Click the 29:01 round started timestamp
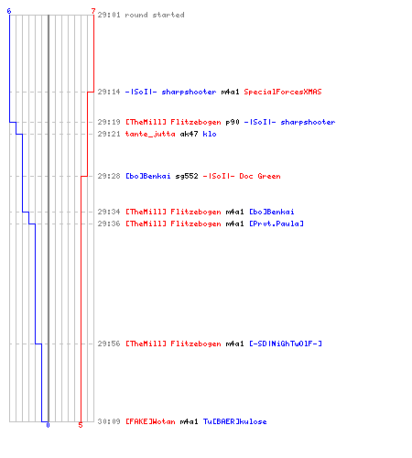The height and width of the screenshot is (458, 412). point(109,15)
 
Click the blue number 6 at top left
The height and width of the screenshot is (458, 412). point(9,11)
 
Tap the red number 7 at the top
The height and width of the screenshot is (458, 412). point(93,11)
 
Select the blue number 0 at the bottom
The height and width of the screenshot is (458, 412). point(48,425)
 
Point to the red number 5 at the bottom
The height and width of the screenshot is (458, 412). point(81,425)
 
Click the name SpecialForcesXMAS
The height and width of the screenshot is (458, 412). point(283,92)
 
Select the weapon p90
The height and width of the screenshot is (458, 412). point(233,122)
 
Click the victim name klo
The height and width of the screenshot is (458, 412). point(210,134)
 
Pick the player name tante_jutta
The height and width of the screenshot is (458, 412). point(150,134)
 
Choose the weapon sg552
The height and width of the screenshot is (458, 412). point(187,176)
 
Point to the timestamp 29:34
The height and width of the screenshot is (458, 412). point(109,212)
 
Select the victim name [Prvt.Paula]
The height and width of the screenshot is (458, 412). point(276,224)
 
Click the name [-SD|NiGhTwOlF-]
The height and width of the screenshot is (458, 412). point(286,343)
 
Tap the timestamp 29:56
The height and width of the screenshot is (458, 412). point(109,343)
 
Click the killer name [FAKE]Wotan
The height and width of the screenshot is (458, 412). point(150,421)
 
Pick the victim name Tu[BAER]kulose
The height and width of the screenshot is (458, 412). point(234,421)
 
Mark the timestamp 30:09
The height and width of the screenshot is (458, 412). point(109,421)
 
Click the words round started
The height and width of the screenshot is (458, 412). point(155,15)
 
